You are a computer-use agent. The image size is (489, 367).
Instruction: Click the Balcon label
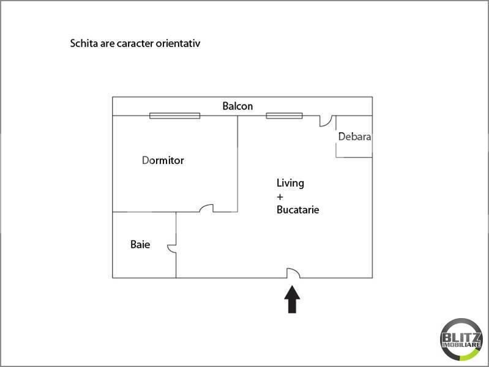click(237, 106)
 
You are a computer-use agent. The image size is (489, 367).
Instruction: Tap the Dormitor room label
click(163, 161)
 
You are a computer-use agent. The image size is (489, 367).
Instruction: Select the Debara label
click(354, 137)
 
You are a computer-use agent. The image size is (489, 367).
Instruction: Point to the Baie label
click(140, 245)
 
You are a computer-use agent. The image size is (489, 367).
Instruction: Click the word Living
click(290, 183)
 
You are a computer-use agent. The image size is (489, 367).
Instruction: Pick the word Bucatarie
click(298, 210)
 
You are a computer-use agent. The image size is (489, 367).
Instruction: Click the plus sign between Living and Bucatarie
click(280, 196)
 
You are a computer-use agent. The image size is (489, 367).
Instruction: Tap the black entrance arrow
click(293, 300)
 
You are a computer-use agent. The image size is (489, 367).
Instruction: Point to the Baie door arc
click(172, 247)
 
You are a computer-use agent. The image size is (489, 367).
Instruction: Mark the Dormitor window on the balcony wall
click(175, 115)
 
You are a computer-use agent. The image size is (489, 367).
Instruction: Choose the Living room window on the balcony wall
click(284, 115)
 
